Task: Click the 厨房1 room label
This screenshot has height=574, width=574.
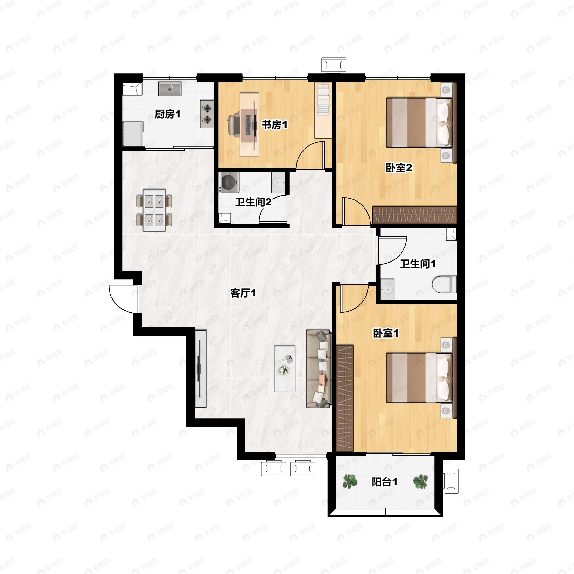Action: click(x=167, y=114)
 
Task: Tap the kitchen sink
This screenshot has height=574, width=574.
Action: click(x=169, y=88)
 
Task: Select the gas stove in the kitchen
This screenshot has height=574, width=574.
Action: click(x=207, y=114)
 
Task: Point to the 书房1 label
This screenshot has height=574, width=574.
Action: click(x=274, y=125)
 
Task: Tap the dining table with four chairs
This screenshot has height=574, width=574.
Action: click(x=154, y=210)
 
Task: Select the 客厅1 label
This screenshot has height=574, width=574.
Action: click(x=243, y=293)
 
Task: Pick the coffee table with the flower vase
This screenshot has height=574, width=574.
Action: click(x=285, y=368)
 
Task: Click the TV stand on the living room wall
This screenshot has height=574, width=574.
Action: click(x=201, y=368)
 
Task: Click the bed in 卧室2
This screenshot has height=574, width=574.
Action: click(x=419, y=122)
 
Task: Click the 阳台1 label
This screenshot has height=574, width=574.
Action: click(x=384, y=482)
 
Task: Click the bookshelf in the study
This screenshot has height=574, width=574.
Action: click(x=323, y=111)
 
